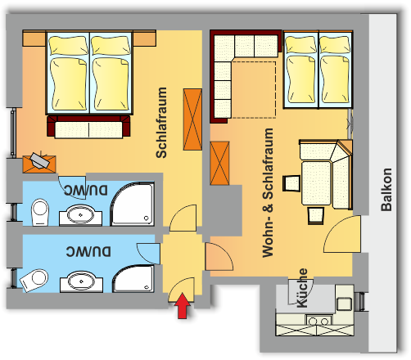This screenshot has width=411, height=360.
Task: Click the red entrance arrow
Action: pos(183,306)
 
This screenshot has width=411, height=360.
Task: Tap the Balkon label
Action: pos(386,190)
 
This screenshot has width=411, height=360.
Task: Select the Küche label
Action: pos(302,288)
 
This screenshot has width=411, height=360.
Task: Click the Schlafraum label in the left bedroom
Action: pos(161,123)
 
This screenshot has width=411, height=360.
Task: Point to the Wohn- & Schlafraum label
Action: pos(268,192)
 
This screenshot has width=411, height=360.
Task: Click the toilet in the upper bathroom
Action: pos(40,212)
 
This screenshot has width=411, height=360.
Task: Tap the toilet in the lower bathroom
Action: pos(34,281)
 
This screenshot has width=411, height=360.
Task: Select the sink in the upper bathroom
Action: pos(80,215)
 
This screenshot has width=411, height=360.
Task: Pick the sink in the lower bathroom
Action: pos(81,281)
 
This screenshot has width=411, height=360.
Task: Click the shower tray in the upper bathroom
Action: pos(132,204)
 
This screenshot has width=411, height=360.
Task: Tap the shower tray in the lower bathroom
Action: pos(133,278)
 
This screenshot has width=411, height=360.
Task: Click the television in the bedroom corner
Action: pos(40,161)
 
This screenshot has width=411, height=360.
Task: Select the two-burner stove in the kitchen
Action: pos(319,320)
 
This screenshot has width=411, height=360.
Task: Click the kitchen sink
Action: pos(344,304)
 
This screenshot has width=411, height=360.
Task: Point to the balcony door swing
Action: pos(342,234)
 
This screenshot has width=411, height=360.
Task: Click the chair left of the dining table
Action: pos(291,183)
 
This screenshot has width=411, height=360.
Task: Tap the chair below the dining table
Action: pos(316,215)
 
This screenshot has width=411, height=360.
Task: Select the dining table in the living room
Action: pos(316,183)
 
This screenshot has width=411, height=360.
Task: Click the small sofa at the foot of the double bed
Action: pos(88,127)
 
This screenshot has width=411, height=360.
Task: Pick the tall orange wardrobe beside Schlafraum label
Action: pos(192,119)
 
